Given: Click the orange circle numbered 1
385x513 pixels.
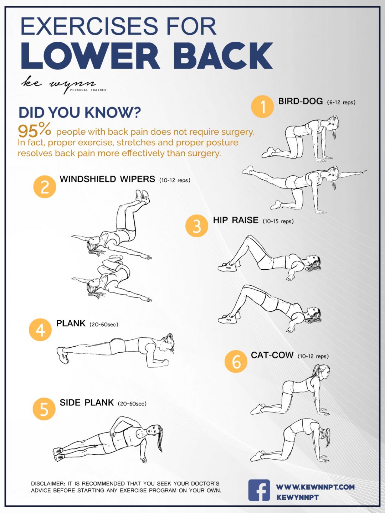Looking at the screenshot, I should (262, 107).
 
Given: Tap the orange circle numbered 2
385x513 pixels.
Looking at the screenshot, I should (45, 187).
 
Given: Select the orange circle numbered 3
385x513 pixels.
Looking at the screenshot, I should (197, 226).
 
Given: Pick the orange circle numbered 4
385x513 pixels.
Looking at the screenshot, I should (40, 330).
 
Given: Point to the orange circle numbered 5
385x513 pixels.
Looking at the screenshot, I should (44, 409).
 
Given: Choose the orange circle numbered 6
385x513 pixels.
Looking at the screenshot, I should (236, 362).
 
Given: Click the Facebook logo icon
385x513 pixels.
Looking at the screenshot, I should (259, 491).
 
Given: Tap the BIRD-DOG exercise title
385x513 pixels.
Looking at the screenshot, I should (300, 102).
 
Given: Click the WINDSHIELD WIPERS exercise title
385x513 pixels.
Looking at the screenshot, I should (107, 179).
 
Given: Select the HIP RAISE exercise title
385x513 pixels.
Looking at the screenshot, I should (236, 221).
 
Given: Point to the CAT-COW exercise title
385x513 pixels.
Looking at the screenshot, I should (272, 356).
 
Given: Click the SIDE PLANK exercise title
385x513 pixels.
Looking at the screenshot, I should (87, 403).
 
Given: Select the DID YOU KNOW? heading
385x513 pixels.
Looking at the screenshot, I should (79, 113).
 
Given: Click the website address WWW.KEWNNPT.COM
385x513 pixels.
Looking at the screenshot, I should (315, 487).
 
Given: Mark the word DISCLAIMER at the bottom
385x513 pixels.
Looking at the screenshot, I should (48, 484).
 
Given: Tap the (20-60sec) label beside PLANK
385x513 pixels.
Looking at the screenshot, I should (104, 325).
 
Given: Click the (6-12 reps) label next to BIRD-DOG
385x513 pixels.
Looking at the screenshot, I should (341, 103).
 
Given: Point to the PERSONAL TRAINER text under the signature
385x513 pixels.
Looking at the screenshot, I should (88, 90).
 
